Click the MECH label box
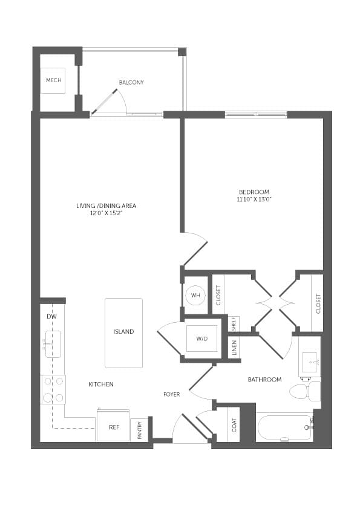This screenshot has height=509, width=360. (53, 80)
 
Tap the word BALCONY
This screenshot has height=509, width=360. (131, 82)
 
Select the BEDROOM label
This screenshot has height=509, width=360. (254, 192)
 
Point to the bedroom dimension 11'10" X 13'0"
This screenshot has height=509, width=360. (254, 199)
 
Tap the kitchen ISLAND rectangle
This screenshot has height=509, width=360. (123, 332)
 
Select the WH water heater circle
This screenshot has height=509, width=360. (195, 295)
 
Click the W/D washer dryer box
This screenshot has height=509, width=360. (201, 339)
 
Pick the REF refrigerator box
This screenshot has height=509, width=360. (113, 426)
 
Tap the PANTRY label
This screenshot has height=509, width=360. (140, 430)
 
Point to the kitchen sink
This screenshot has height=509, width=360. (52, 345)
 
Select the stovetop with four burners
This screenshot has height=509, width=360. (53, 389)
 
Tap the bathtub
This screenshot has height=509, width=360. (284, 427)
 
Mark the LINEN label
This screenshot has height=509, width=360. (234, 348)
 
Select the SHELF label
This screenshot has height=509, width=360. (234, 324)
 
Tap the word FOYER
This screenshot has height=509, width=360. (171, 394)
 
